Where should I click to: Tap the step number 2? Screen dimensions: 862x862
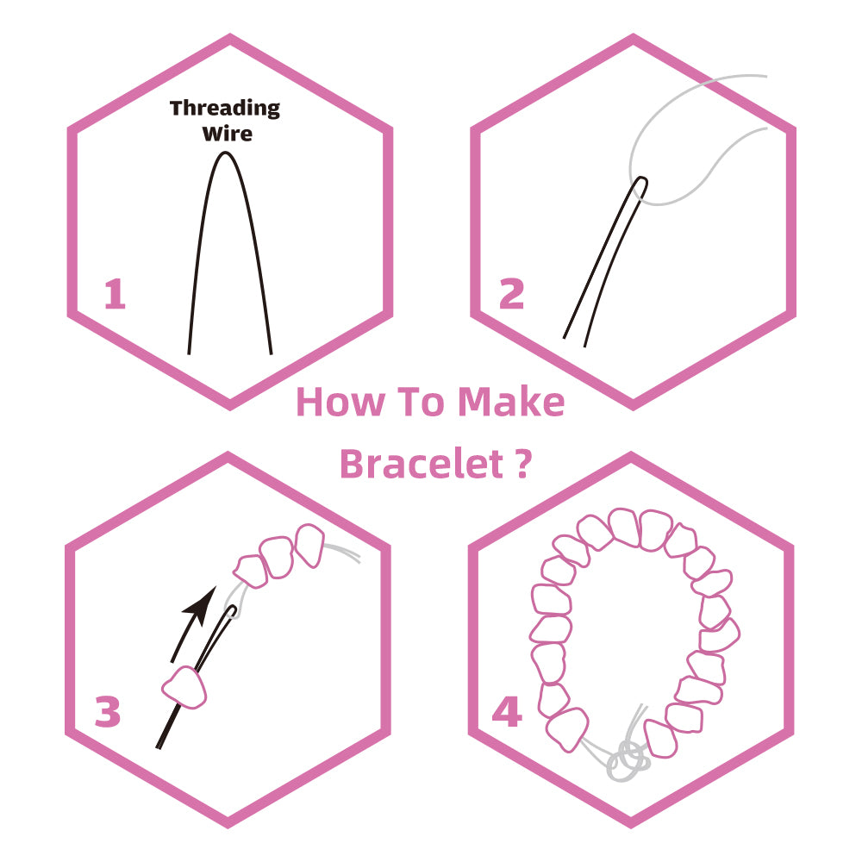[511, 295]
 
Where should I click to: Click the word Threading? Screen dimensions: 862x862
[225, 109]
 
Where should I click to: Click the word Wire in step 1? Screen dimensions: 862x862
[227, 134]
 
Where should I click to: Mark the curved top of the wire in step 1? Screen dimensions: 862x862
[226, 154]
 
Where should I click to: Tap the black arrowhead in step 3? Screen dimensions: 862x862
[203, 603]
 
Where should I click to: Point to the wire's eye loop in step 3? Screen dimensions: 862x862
[233, 611]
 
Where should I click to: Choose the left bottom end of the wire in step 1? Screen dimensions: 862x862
[190, 351]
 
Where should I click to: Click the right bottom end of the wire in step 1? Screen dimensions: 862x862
[271, 351]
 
